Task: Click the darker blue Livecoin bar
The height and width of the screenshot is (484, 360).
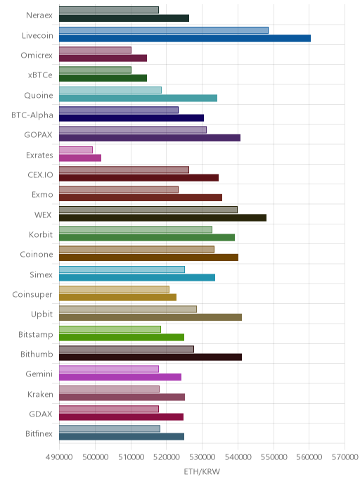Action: [x=185, y=38]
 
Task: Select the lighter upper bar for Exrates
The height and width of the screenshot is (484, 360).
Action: [x=76, y=150]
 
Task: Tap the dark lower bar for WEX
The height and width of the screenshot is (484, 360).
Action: [x=162, y=217]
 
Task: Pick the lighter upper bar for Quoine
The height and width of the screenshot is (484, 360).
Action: [x=110, y=90]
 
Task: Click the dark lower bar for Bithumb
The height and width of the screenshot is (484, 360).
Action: [x=150, y=357]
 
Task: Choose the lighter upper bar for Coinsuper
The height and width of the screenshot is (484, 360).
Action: [x=114, y=289]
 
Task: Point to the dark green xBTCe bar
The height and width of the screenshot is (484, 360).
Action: [x=103, y=78]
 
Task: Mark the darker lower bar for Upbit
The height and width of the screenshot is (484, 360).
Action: [x=150, y=317]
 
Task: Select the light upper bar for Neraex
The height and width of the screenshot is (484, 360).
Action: [x=109, y=10]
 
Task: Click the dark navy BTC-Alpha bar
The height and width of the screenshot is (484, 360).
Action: [x=131, y=118]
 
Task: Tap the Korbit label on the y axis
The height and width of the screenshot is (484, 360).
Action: [x=41, y=234]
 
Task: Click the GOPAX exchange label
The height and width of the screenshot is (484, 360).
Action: [x=38, y=135]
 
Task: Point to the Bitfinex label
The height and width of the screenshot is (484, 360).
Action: [x=39, y=433]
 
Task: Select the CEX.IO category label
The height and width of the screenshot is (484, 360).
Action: [x=40, y=175]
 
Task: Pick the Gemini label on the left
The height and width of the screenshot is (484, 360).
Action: [x=39, y=374]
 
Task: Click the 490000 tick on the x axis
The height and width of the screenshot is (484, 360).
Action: [x=59, y=457]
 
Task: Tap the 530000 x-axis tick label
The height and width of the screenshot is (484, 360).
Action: [x=202, y=457]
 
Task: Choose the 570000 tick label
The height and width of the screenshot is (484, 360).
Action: [x=345, y=457]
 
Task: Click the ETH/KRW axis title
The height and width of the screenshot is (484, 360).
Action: [x=202, y=471]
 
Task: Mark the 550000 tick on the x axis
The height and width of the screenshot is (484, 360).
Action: [x=274, y=457]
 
